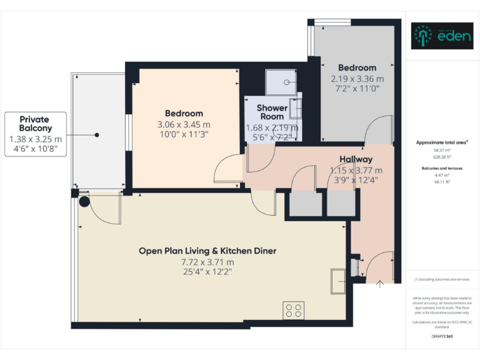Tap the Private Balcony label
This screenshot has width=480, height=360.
34,124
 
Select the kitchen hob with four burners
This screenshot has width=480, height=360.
294,310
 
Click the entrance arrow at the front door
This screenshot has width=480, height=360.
379,284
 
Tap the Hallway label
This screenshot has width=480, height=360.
356,159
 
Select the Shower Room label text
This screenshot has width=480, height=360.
272,112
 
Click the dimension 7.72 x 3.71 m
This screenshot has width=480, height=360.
207,262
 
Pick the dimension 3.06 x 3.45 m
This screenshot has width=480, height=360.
184,124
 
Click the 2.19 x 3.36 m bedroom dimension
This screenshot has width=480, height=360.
357,79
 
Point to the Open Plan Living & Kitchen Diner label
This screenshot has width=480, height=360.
207,251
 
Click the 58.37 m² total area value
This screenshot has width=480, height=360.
442,151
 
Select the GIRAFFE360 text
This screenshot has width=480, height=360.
442,337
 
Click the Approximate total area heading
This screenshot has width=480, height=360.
442,142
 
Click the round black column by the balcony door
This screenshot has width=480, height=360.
84,201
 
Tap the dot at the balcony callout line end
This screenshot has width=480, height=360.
97,134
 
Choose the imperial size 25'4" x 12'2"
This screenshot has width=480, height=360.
207,272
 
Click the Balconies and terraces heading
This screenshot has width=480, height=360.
442,169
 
